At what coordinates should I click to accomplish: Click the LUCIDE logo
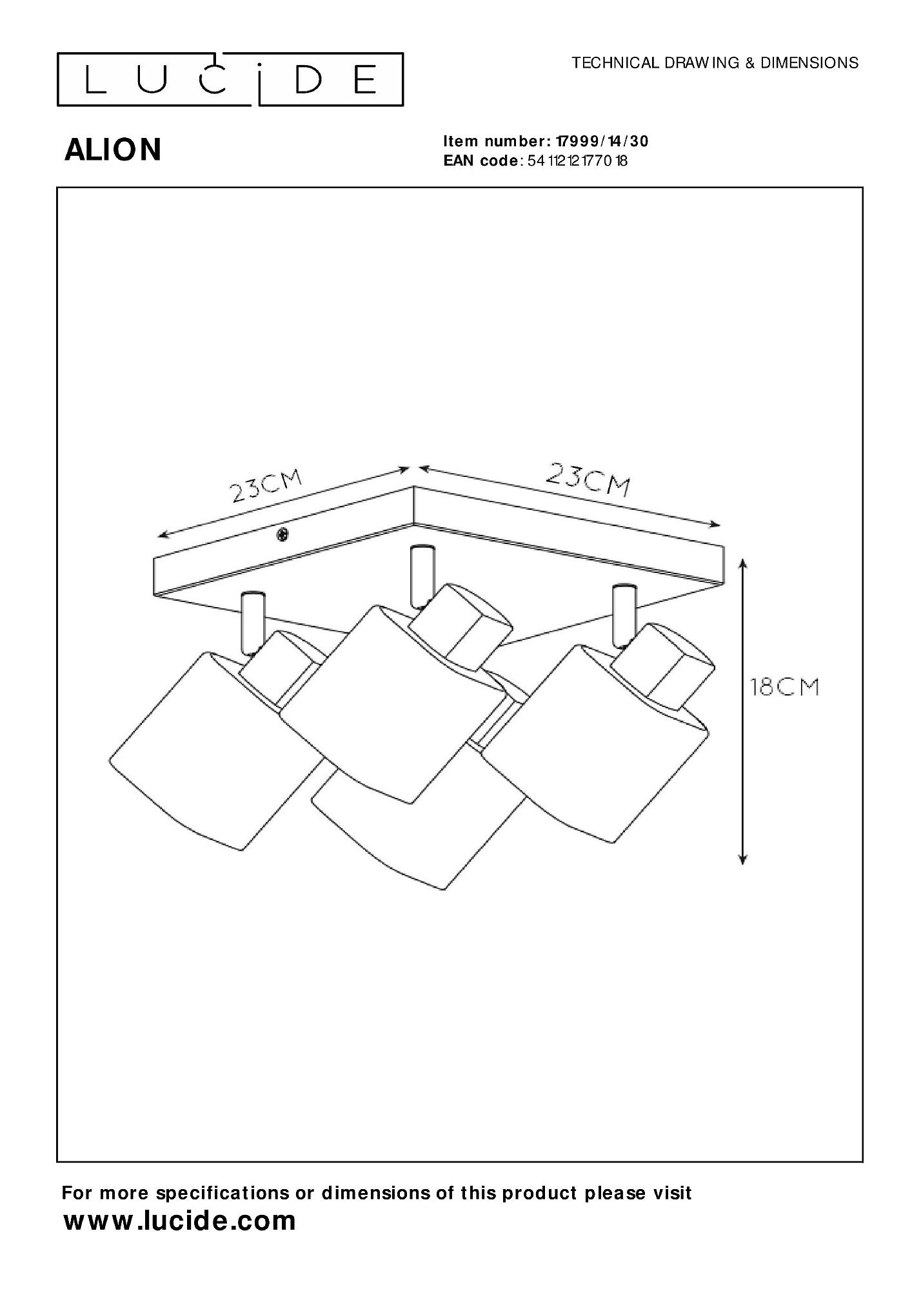tap(230, 79)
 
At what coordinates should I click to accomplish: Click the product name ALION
tap(113, 150)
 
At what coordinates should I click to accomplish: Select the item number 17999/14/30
tap(597, 141)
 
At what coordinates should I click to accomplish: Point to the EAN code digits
tap(577, 160)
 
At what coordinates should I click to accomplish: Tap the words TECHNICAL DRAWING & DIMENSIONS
tap(715, 63)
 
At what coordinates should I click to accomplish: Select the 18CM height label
tap(784, 687)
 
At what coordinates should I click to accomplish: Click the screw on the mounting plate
tap(282, 534)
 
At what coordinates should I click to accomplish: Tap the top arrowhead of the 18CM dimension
tap(742, 565)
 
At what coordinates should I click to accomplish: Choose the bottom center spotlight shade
tap(419, 831)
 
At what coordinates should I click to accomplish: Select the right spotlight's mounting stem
tap(623, 614)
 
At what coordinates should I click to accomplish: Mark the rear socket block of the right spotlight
tap(664, 664)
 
